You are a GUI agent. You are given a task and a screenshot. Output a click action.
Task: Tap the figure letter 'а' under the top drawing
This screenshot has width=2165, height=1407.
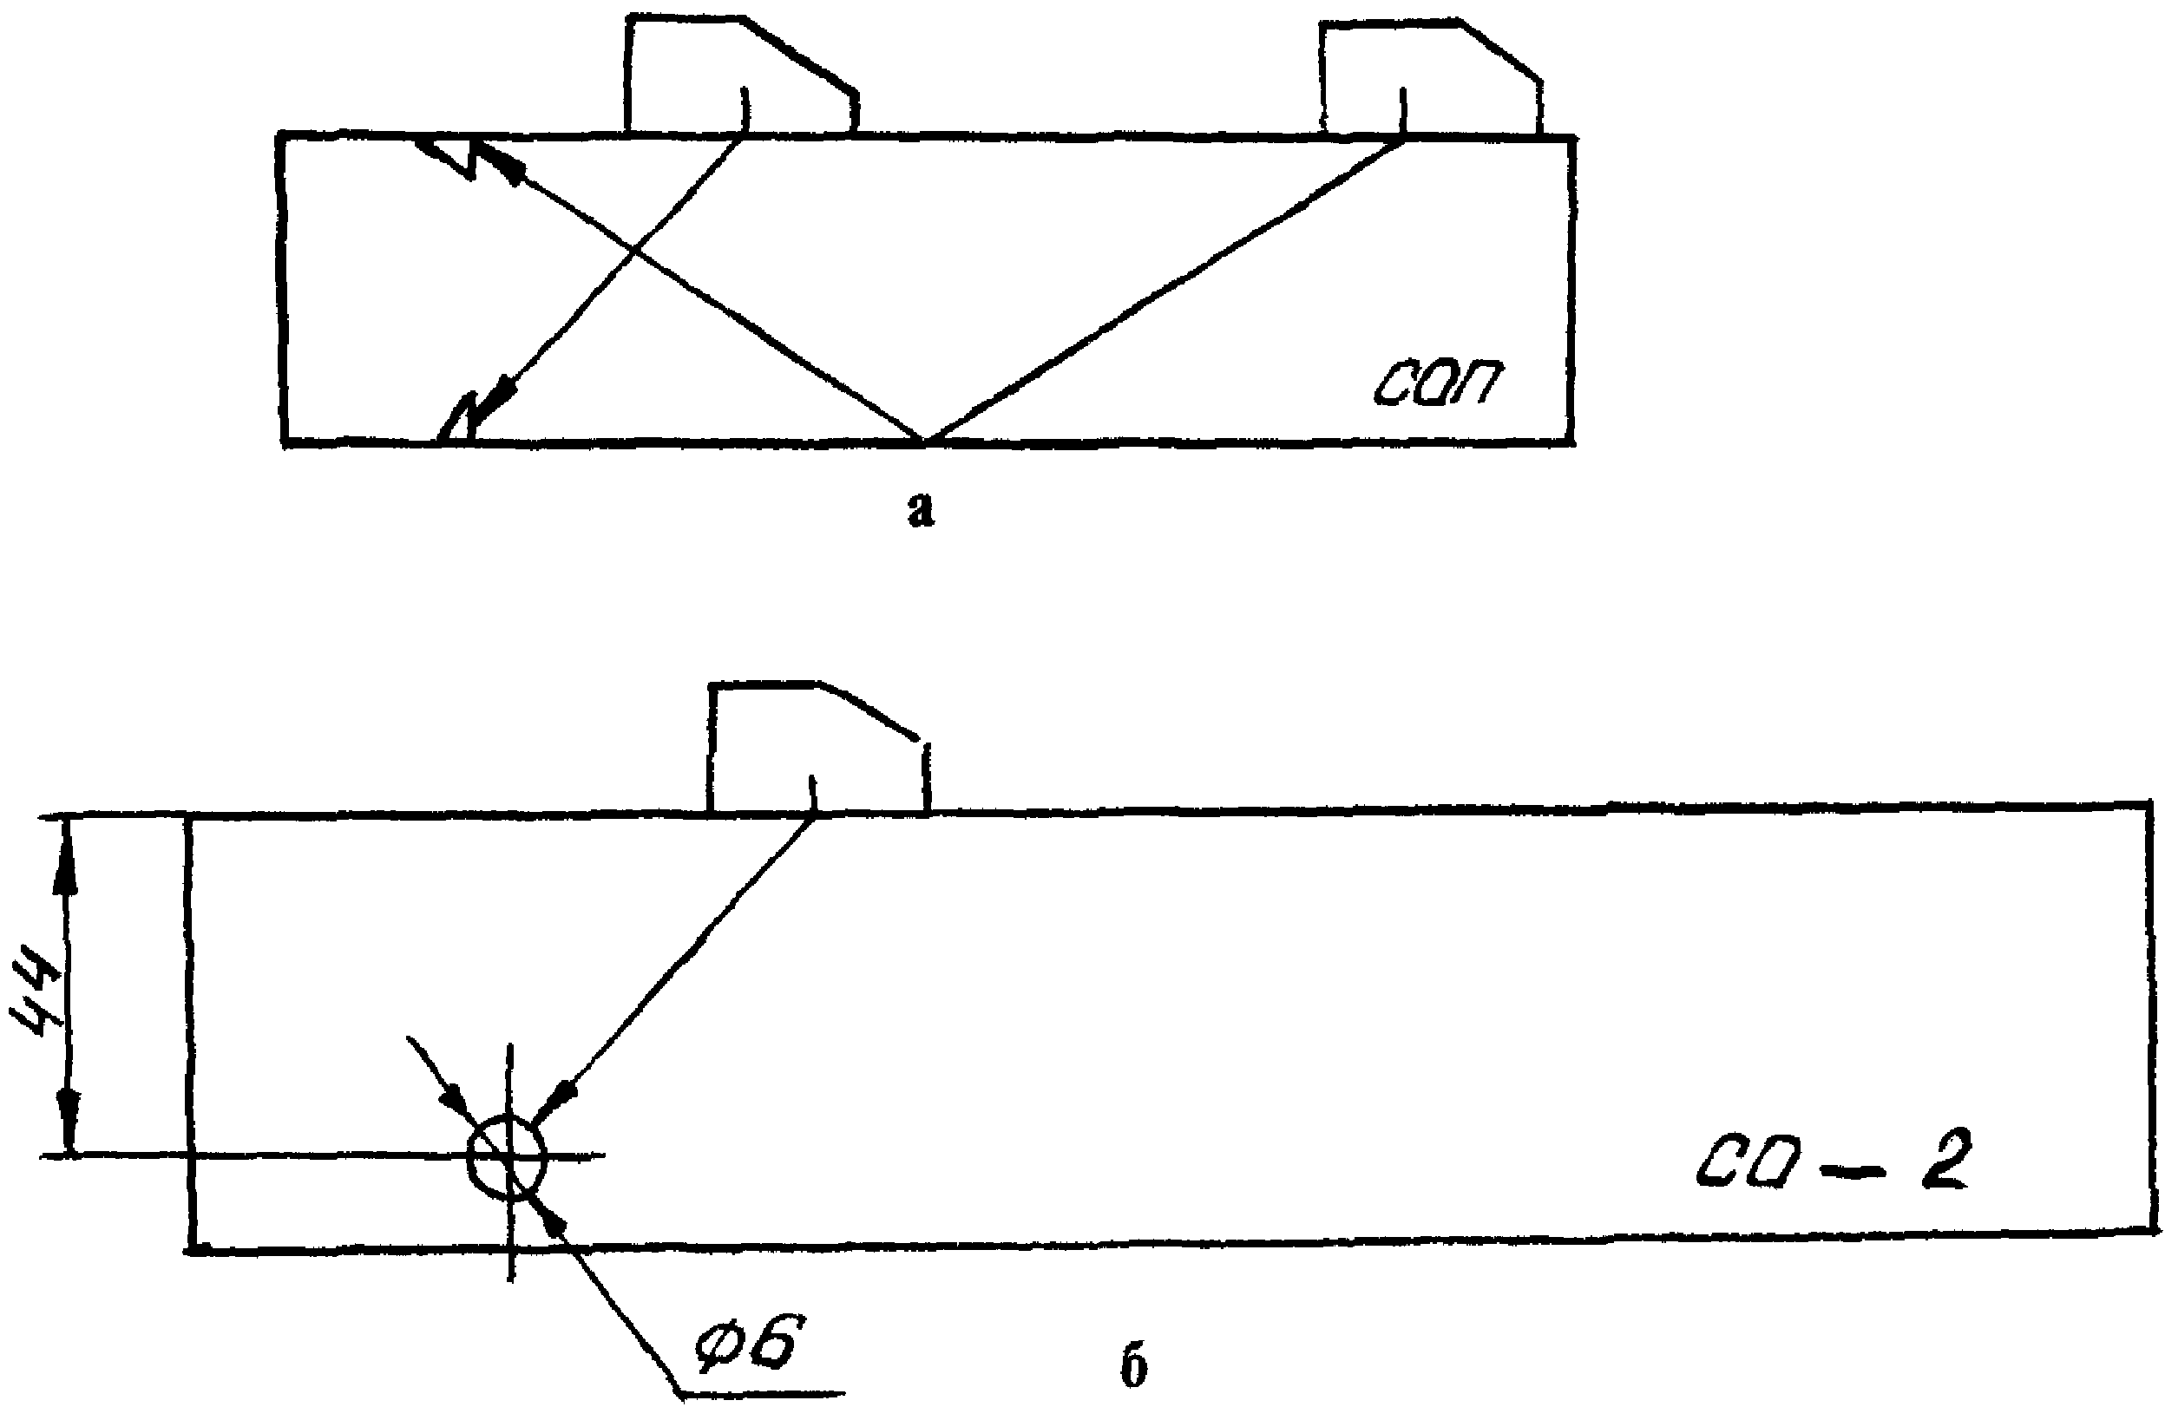tap(921, 511)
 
